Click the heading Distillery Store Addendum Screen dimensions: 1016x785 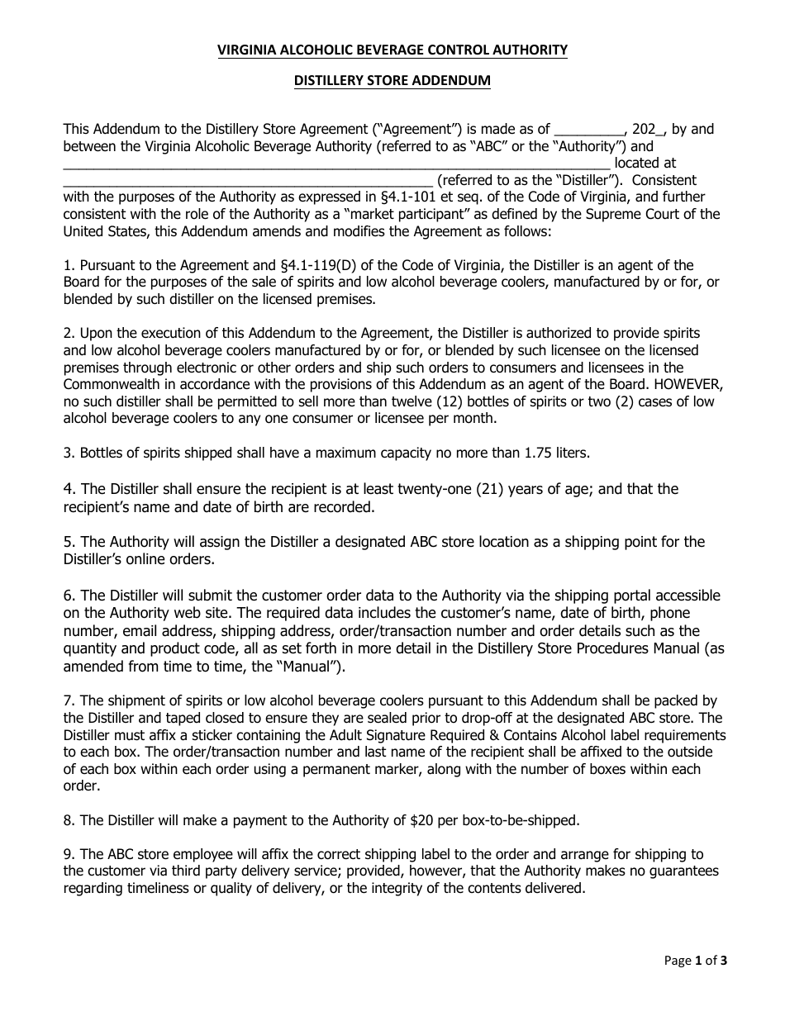(392, 81)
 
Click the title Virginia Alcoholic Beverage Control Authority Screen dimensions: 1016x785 (392, 51)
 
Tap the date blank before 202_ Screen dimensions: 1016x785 (589, 131)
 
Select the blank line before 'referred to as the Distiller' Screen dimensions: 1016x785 (248, 181)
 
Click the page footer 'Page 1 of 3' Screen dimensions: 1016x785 (696, 961)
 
